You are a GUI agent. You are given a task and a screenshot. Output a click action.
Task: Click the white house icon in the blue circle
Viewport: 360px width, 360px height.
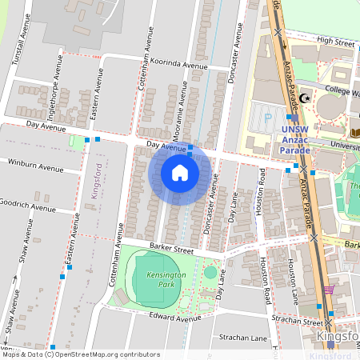click(180, 173)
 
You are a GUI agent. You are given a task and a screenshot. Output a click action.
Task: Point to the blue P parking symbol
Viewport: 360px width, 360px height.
click(266, 115)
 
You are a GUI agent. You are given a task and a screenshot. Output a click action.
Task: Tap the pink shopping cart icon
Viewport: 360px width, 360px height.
click(329, 290)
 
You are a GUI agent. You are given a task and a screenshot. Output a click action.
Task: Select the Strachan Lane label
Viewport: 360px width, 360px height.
click(246, 338)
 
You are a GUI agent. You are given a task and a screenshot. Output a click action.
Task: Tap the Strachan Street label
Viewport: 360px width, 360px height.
click(296, 322)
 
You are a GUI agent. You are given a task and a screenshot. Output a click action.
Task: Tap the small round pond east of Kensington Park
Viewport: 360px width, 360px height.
click(210, 272)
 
